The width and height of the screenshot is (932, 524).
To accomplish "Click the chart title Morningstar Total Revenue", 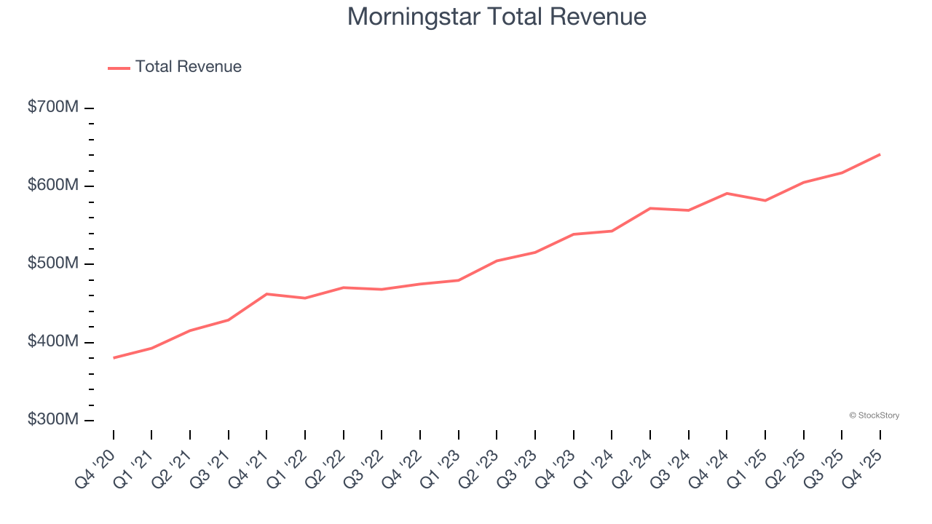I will click(497, 17).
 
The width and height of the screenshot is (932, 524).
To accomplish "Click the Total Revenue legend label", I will click(188, 67).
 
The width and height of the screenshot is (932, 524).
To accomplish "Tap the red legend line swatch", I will click(119, 68).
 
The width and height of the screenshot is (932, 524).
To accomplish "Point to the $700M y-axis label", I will click(52, 107).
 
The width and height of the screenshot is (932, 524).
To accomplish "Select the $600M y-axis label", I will click(52, 186).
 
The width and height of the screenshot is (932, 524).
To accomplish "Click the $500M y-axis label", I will click(52, 263).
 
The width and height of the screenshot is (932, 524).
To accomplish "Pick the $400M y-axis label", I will click(52, 342).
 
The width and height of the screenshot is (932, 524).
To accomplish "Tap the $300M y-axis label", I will click(52, 420).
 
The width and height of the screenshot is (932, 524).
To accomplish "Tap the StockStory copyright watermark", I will click(874, 416).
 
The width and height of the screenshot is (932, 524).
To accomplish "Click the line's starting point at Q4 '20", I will click(114, 358).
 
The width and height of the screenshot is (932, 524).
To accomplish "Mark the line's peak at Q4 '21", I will click(266, 294).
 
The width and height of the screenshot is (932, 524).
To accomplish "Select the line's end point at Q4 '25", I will click(880, 154).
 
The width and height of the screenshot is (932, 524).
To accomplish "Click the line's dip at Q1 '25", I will click(765, 200).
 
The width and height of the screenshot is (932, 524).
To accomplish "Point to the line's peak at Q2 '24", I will click(649, 208).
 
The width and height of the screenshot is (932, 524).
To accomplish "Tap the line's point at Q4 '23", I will click(573, 234).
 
